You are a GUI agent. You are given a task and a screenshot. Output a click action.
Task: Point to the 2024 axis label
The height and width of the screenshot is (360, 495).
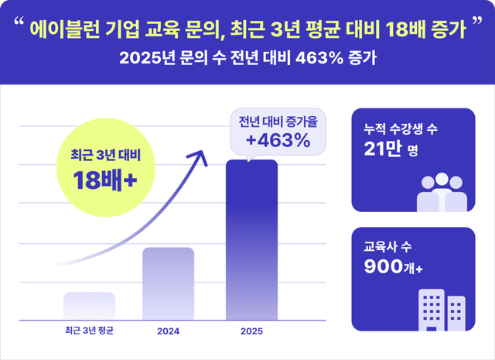pyautogui.click(x=168, y=332)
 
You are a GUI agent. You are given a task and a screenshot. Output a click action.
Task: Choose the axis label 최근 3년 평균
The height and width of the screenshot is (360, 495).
pyautogui.click(x=89, y=332)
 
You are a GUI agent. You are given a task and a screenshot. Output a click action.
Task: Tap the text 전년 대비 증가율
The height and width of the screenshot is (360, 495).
pyautogui.click(x=278, y=122)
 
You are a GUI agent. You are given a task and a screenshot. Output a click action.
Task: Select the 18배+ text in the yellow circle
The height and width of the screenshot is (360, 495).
pyautogui.click(x=105, y=180)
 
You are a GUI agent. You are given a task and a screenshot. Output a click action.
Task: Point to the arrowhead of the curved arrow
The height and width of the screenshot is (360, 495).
pyautogui.click(x=203, y=156)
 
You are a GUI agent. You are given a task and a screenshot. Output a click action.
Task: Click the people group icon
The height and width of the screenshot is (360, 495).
pyautogui.click(x=442, y=190)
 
